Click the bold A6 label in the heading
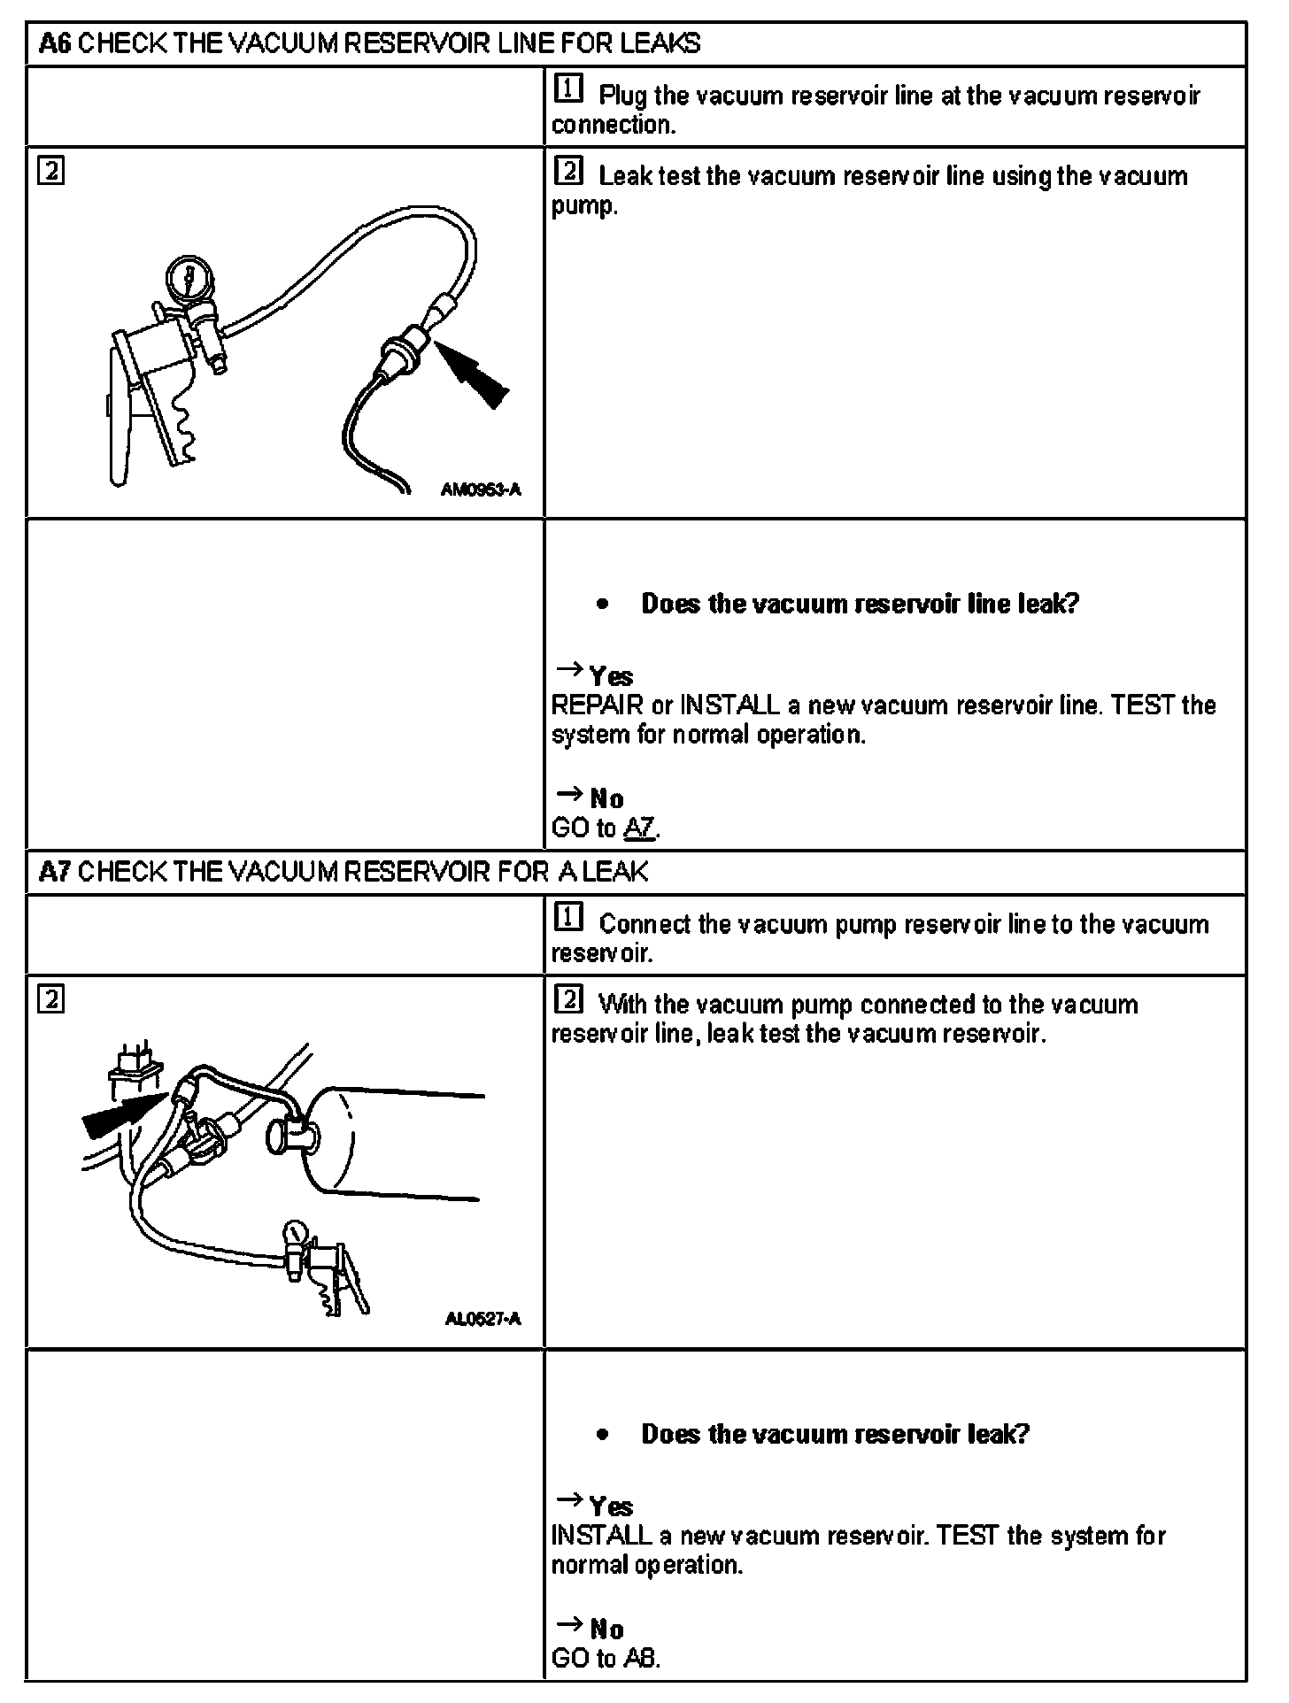click(x=55, y=43)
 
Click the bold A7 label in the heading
click(x=55, y=873)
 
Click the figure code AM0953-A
click(x=481, y=488)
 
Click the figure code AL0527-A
click(x=482, y=1320)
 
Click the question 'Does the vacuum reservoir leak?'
click(x=835, y=1434)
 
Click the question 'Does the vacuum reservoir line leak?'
click(x=860, y=604)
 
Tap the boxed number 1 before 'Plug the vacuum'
click(x=568, y=89)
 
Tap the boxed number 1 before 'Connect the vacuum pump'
click(x=568, y=919)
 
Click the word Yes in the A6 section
click(x=611, y=677)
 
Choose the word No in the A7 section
click(x=606, y=1630)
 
